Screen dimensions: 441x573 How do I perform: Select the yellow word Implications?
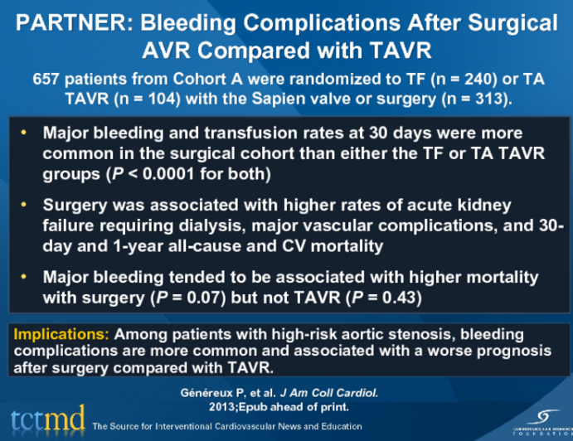click(x=60, y=335)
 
